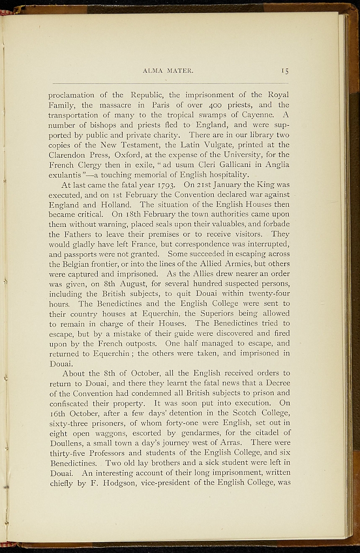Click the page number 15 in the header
(x=284, y=70)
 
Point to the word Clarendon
(x=70, y=155)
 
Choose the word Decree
(x=276, y=383)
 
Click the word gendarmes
(x=182, y=433)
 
